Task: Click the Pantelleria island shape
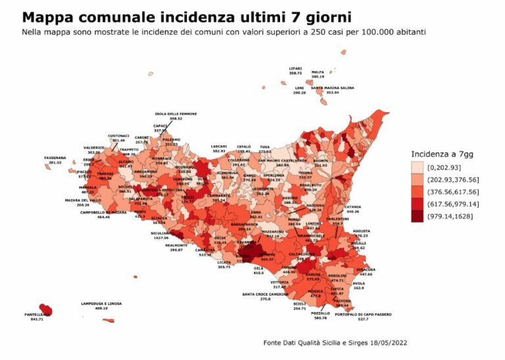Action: [46, 309]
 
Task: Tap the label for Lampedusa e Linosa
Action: [97, 304]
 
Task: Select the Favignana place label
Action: [56, 158]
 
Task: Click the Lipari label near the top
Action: [296, 68]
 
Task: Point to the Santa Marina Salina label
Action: [333, 87]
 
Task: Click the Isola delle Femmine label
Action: [176, 114]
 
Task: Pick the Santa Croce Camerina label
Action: [266, 294]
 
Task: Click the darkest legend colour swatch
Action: [417, 216]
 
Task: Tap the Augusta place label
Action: [361, 231]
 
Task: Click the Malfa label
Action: [318, 72]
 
